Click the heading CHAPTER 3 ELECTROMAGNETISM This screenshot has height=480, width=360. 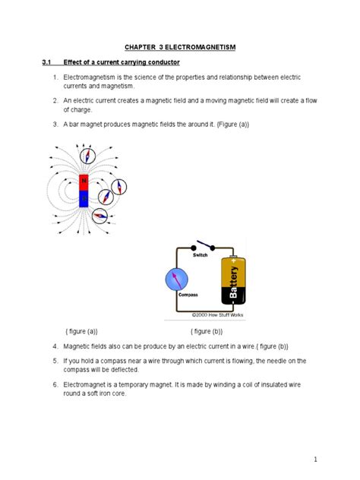181,47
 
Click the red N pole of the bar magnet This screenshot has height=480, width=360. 84,182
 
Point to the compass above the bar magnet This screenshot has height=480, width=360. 89,156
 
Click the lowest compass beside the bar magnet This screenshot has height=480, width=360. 99,216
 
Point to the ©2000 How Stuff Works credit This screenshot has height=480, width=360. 215,314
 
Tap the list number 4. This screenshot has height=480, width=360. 55,346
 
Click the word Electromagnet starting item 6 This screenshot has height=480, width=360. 90,385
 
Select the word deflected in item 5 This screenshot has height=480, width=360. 119,370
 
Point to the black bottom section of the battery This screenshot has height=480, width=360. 234,298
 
